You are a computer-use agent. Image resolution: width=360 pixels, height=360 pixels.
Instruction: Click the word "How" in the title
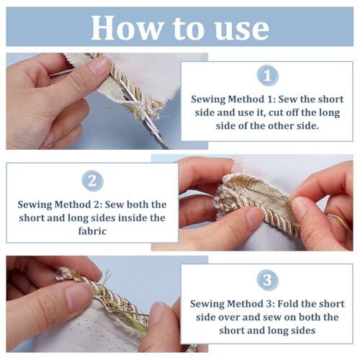click(x=127, y=28)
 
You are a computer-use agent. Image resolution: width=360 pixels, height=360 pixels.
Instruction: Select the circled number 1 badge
click(x=267, y=76)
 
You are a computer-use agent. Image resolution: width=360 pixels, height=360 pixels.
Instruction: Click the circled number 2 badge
click(x=92, y=181)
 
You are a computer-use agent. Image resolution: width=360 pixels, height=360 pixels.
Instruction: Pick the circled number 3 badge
click(x=267, y=280)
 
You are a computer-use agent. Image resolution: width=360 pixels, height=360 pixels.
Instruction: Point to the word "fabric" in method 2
click(x=92, y=231)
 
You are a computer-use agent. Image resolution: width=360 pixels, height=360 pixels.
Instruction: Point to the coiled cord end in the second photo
click(x=225, y=200)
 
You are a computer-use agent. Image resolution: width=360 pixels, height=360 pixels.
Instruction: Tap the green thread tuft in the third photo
click(x=107, y=279)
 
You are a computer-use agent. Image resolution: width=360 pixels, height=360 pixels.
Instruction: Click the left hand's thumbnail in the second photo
click(x=255, y=217)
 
